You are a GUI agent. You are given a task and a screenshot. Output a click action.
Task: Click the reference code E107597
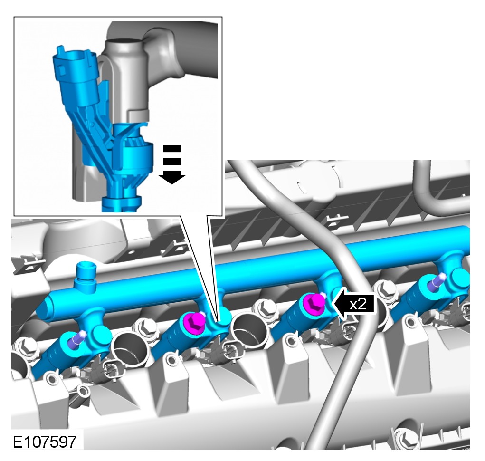[x=45, y=442]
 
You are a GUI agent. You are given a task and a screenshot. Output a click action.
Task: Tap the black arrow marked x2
[x=353, y=305]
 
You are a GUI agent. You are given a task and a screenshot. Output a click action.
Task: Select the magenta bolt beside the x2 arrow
[x=314, y=303]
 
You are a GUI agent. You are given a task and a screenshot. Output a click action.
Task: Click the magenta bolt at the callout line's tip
[x=194, y=322]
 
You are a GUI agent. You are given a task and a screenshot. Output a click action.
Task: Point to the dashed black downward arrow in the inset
[x=172, y=164]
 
